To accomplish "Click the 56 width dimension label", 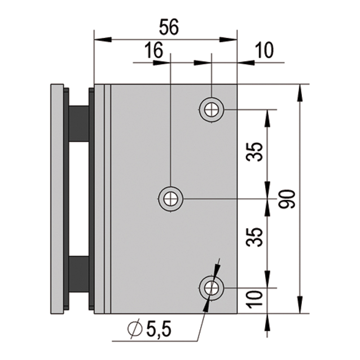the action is click(169, 27).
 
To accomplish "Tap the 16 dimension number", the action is click(154, 50).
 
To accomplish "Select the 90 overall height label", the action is click(287, 199).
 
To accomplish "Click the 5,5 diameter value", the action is click(159, 330).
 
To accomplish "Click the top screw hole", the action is click(211, 110).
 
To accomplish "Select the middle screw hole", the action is click(171, 198).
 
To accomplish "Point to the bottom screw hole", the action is click(211, 288).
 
